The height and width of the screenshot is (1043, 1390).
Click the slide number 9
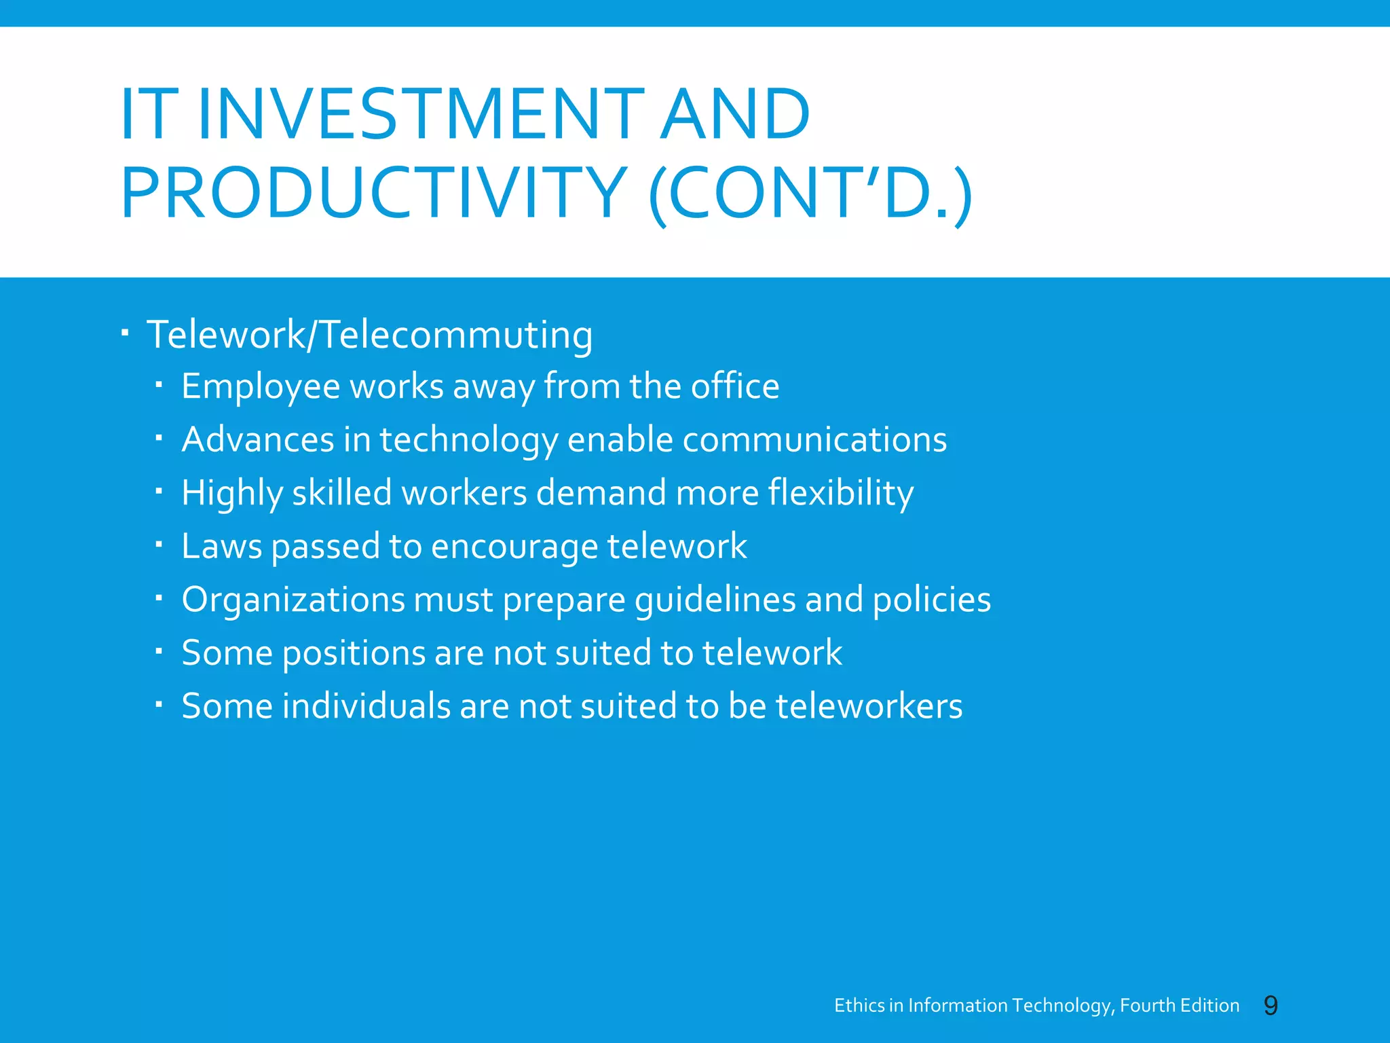point(1271,1005)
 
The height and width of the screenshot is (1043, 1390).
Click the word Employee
point(261,387)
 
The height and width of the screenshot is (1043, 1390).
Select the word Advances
point(258,439)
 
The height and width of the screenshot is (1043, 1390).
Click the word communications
point(814,439)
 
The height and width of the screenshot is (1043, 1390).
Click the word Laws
point(221,546)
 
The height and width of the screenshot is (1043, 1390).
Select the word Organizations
point(293,600)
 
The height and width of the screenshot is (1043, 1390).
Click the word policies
point(931,600)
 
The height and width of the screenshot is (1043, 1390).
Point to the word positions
point(353,653)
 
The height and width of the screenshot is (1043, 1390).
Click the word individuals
point(367,706)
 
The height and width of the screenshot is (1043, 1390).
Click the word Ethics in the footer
point(859,1006)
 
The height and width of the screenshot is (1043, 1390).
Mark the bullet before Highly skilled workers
point(158,491)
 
